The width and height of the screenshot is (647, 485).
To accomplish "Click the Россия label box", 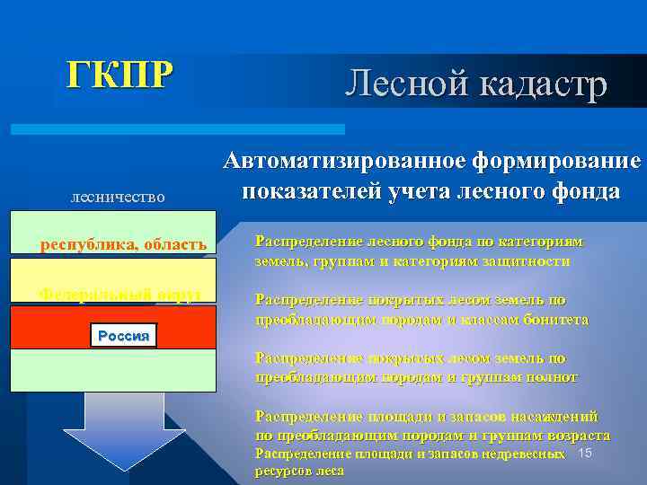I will (124, 336).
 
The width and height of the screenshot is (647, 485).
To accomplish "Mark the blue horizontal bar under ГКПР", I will (179, 129).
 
